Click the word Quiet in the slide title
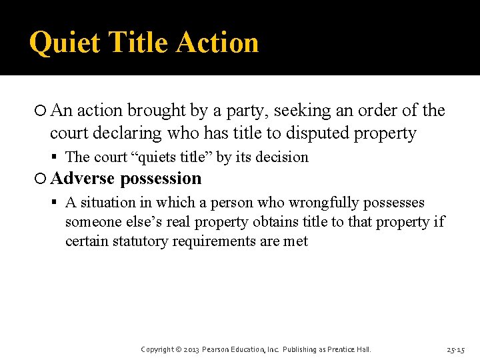pyautogui.click(x=64, y=43)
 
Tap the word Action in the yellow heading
pyautogui.click(x=217, y=42)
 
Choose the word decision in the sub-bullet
pyautogui.click(x=284, y=157)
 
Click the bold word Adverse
pyautogui.click(x=83, y=179)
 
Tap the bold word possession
pyautogui.click(x=161, y=179)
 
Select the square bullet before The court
pyautogui.click(x=57, y=158)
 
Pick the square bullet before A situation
pyautogui.click(x=57, y=203)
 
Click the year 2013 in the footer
pyautogui.click(x=191, y=349)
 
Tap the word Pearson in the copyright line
pyautogui.click(x=217, y=349)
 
